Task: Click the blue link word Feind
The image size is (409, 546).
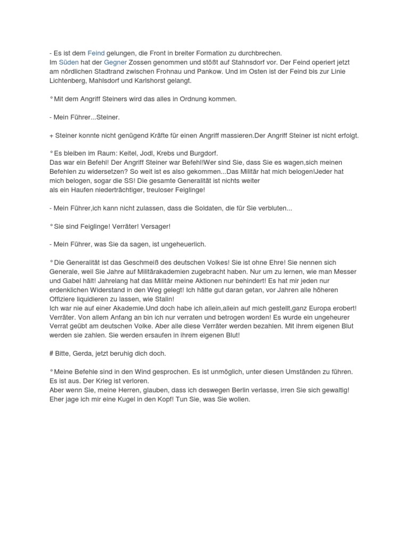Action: click(x=96, y=53)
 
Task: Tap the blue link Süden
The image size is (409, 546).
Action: click(x=67, y=62)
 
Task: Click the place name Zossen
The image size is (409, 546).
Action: click(x=142, y=62)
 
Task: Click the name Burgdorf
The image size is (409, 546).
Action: click(x=202, y=153)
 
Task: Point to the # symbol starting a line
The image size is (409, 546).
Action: click(x=51, y=354)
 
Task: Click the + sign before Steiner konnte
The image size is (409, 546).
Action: click(x=51, y=135)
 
